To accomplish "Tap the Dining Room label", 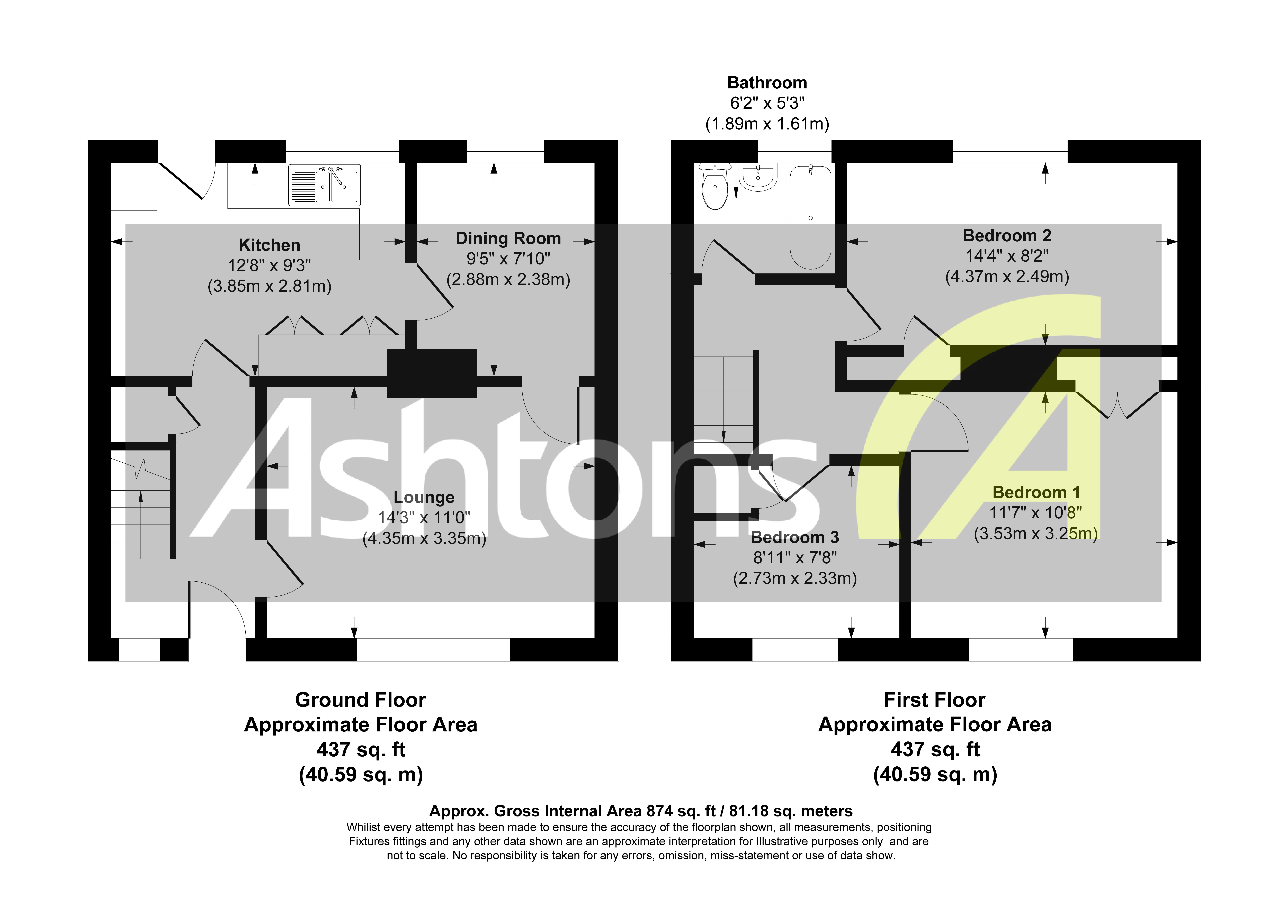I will coord(508,239).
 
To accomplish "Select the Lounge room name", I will coord(424,497).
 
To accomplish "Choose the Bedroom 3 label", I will coord(795,537).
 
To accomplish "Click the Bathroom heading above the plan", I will coord(767,83).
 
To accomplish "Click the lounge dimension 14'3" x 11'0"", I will coord(424,518).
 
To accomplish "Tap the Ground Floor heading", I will coord(360,700).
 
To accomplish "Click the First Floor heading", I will coord(934,700).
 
